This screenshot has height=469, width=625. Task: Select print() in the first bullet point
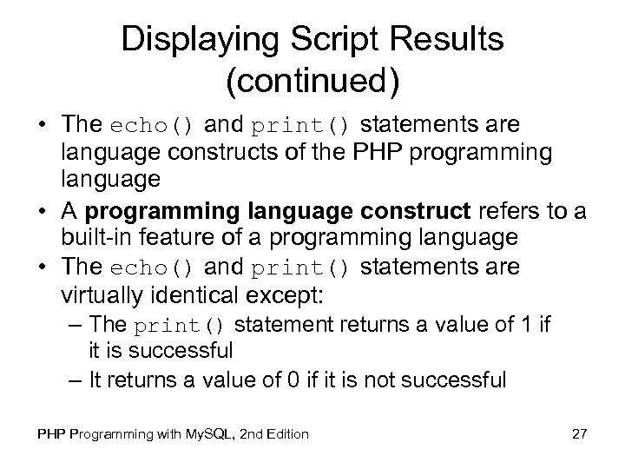(x=301, y=127)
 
